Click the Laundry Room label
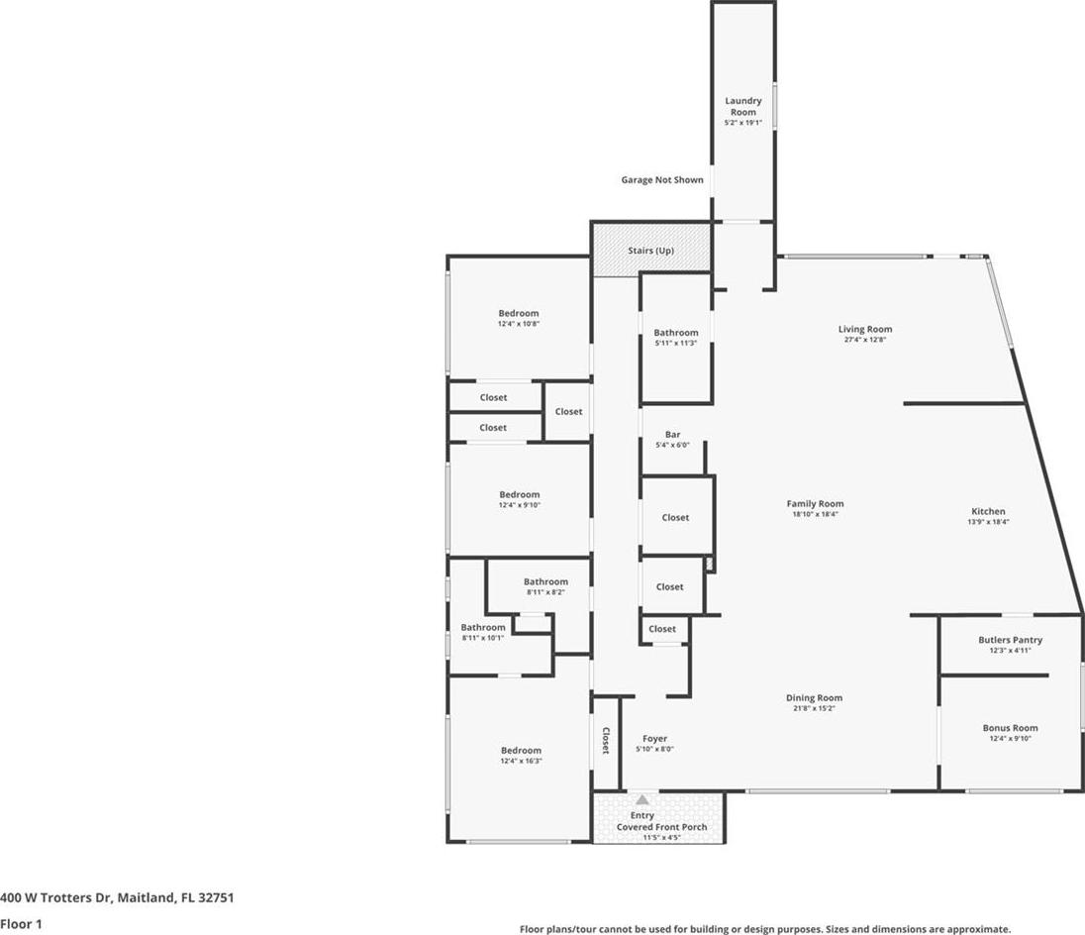[x=743, y=106]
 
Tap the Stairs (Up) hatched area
[x=651, y=250]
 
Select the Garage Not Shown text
[x=662, y=180]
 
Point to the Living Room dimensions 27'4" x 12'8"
[x=865, y=340]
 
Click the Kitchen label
[x=988, y=511]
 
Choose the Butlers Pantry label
[x=1011, y=640]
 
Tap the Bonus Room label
[x=1011, y=728]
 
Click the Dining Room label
[x=815, y=698]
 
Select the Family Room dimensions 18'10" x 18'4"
[x=815, y=514]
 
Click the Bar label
[x=672, y=435]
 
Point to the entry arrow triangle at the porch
[x=642, y=800]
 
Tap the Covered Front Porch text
[x=661, y=827]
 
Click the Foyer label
[x=654, y=739]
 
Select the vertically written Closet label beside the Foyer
[x=606, y=741]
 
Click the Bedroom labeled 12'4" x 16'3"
[x=521, y=751]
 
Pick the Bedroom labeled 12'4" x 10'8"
[x=519, y=314]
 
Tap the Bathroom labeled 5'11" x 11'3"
[x=676, y=333]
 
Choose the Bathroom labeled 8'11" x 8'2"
[x=545, y=582]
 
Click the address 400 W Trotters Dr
[x=55, y=897]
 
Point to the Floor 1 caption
[x=21, y=924]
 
